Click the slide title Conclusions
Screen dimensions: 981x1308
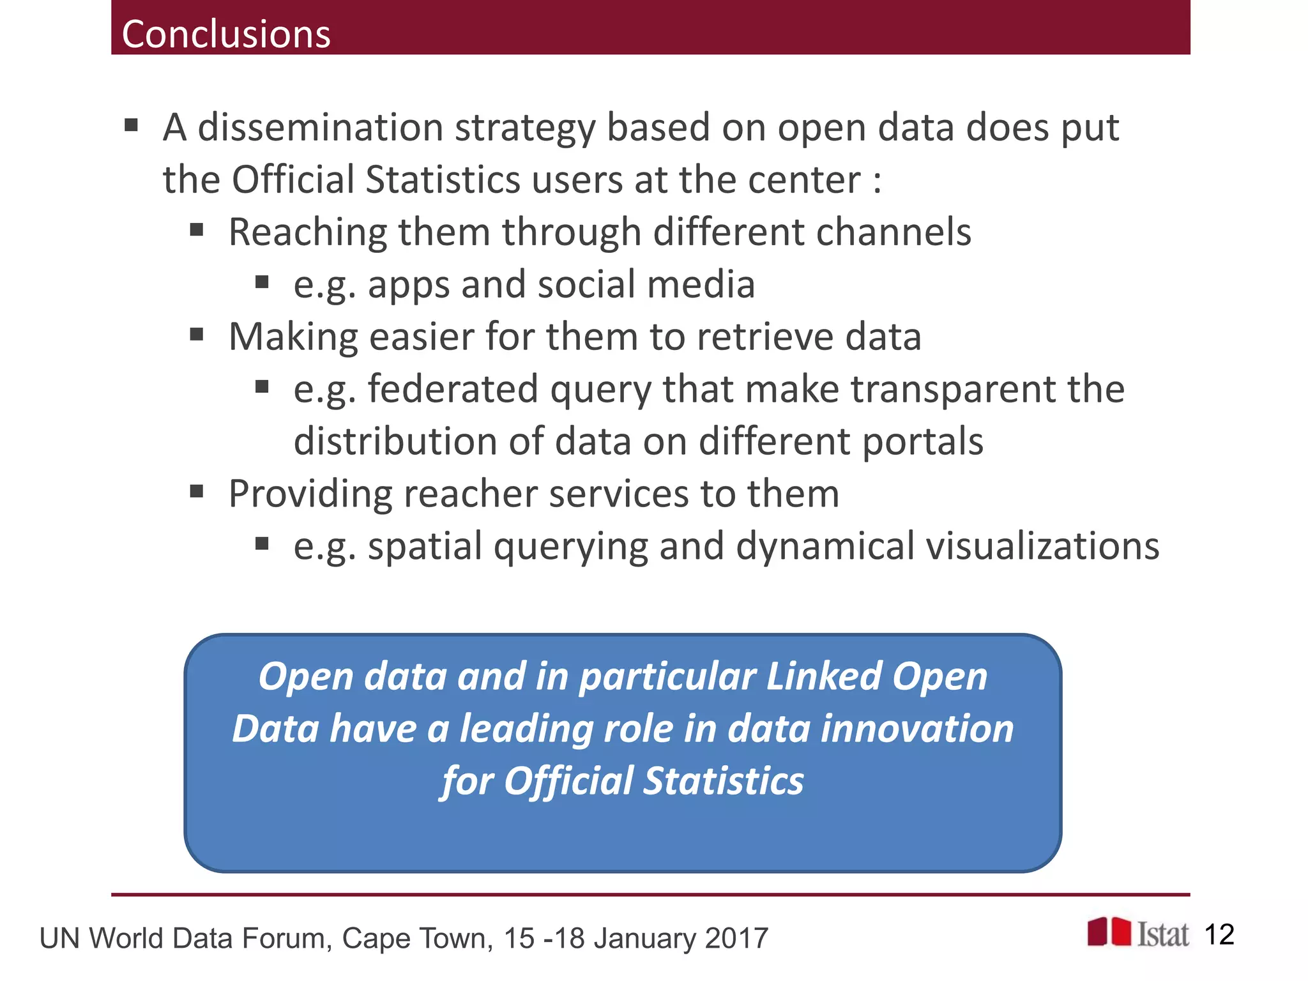[x=226, y=34]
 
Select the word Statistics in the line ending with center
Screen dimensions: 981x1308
[x=443, y=179]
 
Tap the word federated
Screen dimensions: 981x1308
[x=453, y=389]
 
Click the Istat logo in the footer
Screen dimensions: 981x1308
[x=1138, y=934]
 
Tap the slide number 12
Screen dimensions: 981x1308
[x=1219, y=935]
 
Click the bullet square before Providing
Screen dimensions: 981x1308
[x=197, y=492]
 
